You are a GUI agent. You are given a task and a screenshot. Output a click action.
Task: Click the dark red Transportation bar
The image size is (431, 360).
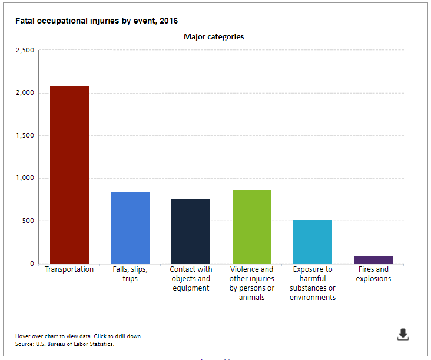tap(69, 175)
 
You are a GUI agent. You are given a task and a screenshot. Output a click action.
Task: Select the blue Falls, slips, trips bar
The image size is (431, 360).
tap(130, 228)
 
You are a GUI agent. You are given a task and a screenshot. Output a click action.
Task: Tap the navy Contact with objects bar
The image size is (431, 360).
tap(191, 231)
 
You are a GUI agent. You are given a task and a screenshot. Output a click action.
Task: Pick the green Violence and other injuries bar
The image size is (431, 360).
tap(252, 226)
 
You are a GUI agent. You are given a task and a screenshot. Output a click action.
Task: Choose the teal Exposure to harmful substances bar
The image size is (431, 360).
tap(313, 242)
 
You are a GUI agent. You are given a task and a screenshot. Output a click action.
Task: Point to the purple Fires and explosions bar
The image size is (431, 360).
tap(373, 260)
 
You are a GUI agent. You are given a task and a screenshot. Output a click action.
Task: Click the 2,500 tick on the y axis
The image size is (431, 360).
tap(25, 50)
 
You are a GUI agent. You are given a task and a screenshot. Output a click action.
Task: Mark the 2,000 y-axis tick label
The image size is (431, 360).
tap(25, 93)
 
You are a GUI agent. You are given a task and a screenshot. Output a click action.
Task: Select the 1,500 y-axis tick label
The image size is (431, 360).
tap(25, 135)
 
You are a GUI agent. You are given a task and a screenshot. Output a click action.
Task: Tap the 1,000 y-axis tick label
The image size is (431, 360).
tap(25, 178)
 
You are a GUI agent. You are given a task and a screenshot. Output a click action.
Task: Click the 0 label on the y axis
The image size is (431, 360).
tap(32, 264)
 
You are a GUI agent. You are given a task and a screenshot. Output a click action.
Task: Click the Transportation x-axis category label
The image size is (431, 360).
tap(69, 269)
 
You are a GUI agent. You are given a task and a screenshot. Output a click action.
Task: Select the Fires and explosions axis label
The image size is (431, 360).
tap(373, 274)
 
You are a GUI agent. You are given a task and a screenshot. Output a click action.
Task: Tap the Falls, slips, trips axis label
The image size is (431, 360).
tap(130, 274)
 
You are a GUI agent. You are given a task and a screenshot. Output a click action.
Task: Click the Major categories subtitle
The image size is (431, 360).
tap(214, 37)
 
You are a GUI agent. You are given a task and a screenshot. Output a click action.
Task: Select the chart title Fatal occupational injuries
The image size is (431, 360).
tap(97, 21)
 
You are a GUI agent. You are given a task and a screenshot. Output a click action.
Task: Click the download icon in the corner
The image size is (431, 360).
tap(403, 335)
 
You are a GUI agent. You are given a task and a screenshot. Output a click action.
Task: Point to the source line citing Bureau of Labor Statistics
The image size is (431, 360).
tap(65, 344)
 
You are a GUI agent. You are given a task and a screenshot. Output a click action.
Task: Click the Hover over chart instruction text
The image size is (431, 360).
tap(79, 336)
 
